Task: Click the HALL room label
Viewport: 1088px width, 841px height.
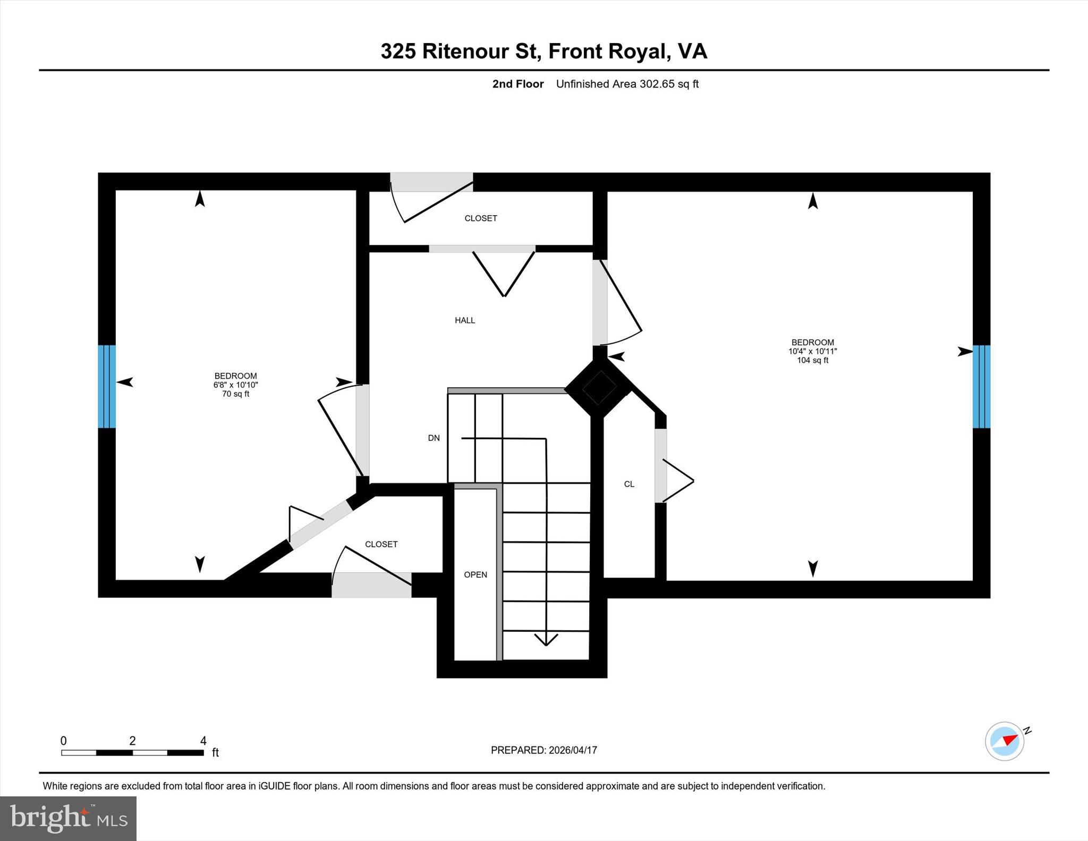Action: [465, 320]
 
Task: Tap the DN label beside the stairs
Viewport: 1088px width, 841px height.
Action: [434, 438]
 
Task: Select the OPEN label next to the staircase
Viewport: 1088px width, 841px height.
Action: [475, 574]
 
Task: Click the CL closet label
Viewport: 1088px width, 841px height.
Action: [629, 484]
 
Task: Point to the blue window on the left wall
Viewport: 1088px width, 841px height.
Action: [107, 386]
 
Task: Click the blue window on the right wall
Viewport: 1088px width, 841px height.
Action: [981, 386]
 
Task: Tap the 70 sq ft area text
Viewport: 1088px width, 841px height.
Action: [235, 394]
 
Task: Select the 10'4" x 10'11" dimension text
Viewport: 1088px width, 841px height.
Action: [812, 351]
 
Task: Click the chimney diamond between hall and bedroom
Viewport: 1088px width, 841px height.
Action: [599, 388]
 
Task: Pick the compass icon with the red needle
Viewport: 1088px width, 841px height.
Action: [1005, 741]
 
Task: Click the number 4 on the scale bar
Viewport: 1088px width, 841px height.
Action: [203, 741]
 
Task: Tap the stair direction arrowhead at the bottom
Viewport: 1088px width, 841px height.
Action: [546, 640]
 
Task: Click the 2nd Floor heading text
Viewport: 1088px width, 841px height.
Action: [517, 84]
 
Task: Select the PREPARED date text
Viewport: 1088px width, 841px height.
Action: [543, 750]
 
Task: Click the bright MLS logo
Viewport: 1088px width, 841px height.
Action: [68, 818]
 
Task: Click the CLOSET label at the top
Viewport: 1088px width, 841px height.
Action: [481, 218]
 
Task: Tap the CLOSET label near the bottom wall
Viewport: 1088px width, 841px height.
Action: [381, 544]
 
